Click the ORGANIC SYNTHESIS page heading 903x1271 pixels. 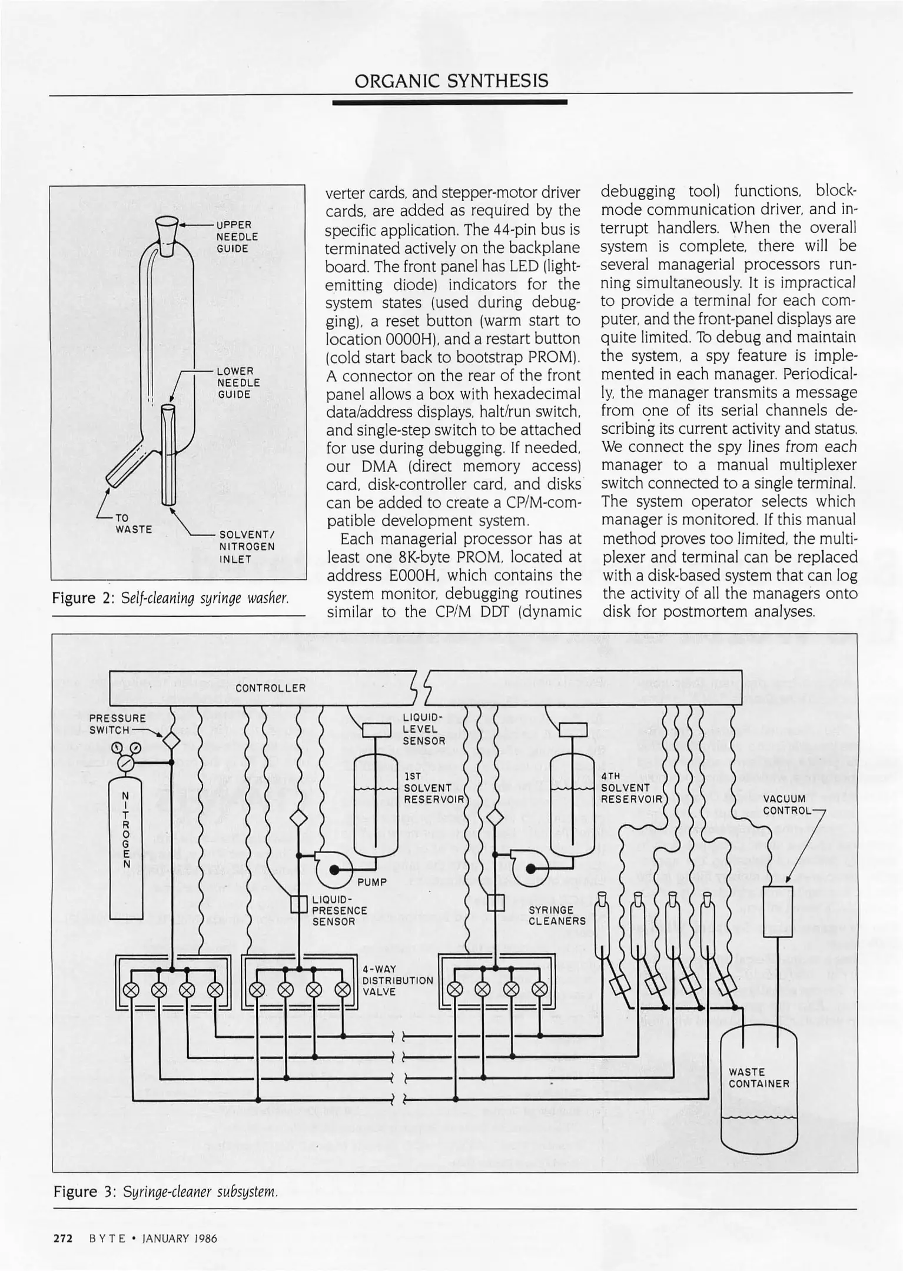(x=451, y=81)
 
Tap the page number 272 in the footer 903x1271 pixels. (x=62, y=1239)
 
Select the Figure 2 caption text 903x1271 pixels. (x=171, y=598)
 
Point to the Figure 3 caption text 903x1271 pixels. (x=165, y=1192)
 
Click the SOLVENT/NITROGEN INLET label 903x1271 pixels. (x=247, y=547)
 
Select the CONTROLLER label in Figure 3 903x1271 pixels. (x=270, y=688)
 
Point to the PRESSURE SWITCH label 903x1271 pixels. (x=117, y=724)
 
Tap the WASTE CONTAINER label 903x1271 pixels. (x=758, y=1078)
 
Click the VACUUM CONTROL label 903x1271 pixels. (x=785, y=804)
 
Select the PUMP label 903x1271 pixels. (x=372, y=882)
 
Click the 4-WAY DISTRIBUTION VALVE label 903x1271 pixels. (x=397, y=980)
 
